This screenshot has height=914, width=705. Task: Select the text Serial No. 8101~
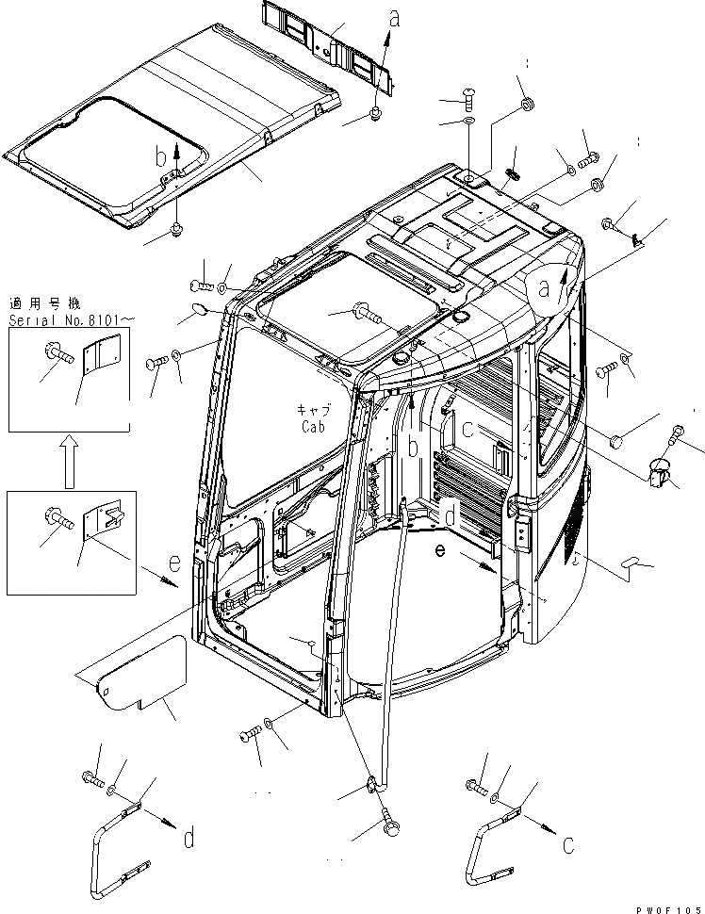pos(72,320)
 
